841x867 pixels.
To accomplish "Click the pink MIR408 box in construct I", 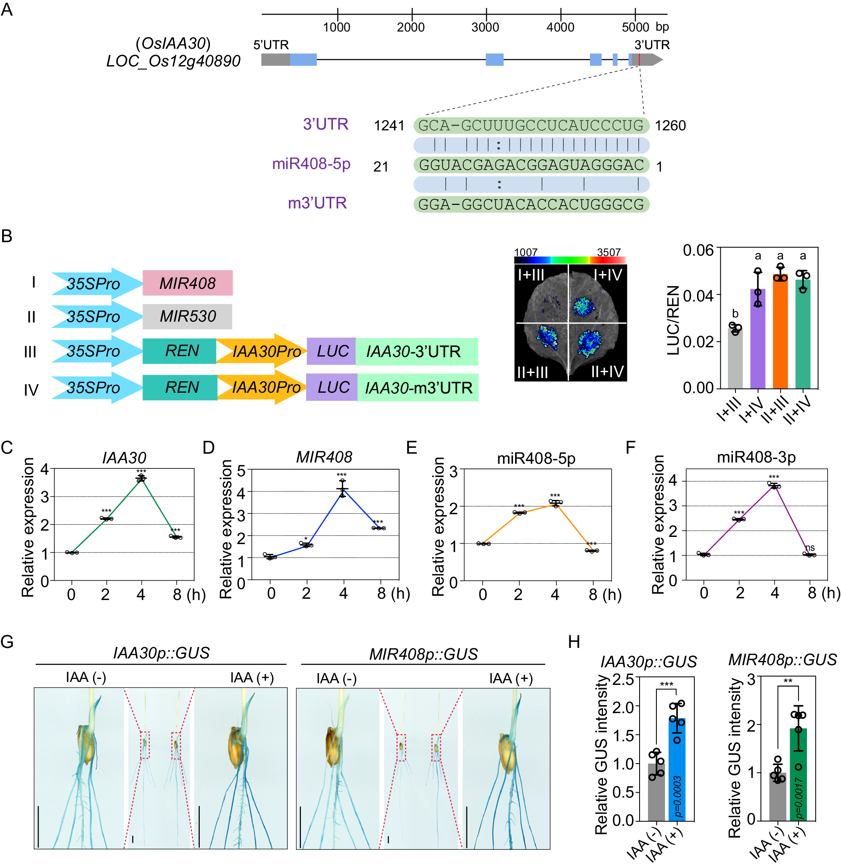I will tap(187, 283).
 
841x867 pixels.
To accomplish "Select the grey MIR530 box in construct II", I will tap(187, 316).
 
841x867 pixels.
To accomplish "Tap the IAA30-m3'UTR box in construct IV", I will tap(418, 388).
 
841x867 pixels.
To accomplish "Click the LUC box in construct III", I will tap(331, 351).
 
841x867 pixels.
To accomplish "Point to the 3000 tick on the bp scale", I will tap(486, 14).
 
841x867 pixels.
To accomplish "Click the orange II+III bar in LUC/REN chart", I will tap(780, 332).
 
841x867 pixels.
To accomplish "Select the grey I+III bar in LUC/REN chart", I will tap(735, 358).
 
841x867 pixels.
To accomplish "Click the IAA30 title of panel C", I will tap(124, 457).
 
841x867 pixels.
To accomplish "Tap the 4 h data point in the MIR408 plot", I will tap(342, 489).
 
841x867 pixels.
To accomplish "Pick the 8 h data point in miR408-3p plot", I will tap(809, 555).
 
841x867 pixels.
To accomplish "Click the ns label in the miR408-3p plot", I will tap(809, 547).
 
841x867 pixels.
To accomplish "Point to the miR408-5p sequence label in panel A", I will tap(311, 164).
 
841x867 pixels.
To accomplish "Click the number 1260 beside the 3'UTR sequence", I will tap(670, 126).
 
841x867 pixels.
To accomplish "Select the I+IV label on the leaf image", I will tap(608, 275).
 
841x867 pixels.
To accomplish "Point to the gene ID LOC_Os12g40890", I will tap(173, 61).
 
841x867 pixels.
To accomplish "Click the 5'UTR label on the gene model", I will tap(271, 45).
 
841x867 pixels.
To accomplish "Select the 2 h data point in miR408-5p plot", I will tap(519, 513).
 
